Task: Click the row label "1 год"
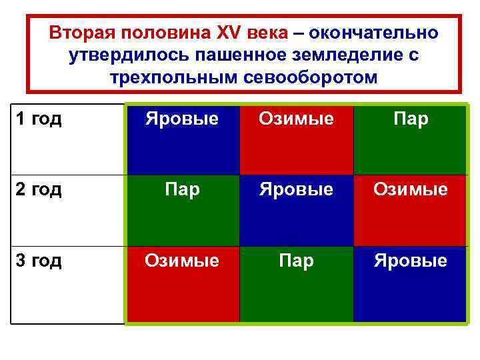pyautogui.click(x=38, y=119)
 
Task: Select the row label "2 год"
pyautogui.click(x=38, y=189)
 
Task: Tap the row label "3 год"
pyautogui.click(x=38, y=260)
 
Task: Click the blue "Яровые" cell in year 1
pyautogui.click(x=182, y=139)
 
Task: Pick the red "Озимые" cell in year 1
pyautogui.click(x=296, y=139)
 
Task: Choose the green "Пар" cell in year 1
pyautogui.click(x=410, y=139)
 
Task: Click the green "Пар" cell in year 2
pyautogui.click(x=182, y=210)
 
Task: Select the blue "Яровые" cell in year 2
pyautogui.click(x=296, y=210)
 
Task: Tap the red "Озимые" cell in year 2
pyautogui.click(x=410, y=210)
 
